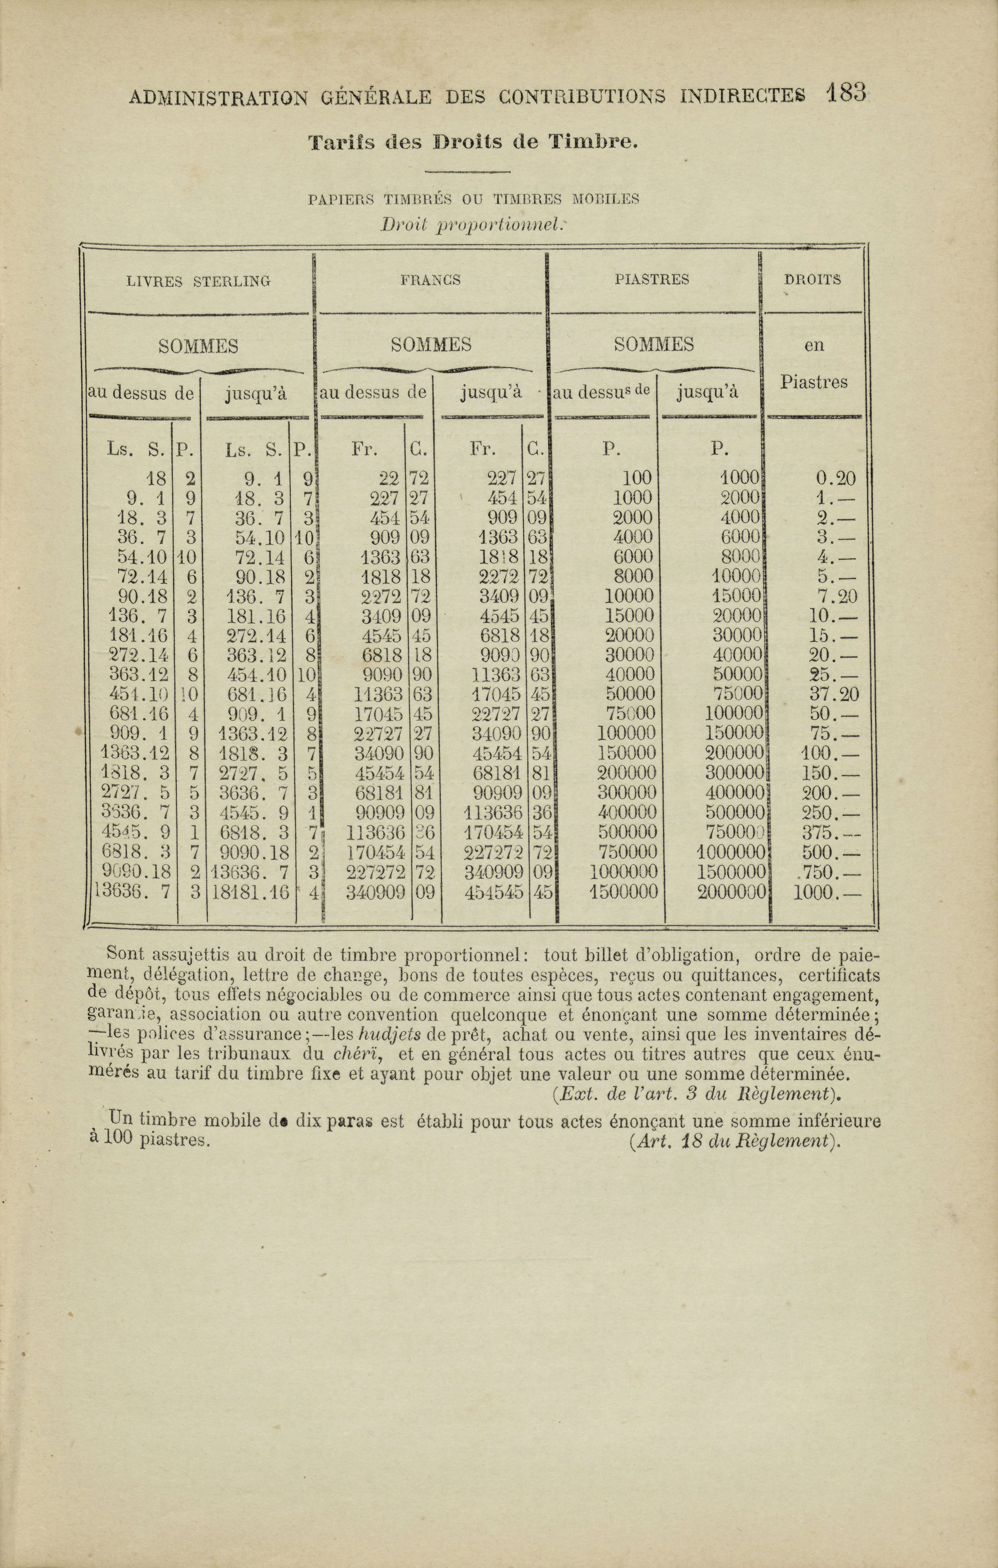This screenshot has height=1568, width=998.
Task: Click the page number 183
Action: point(846,93)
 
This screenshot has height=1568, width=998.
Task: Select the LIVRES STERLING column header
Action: point(198,281)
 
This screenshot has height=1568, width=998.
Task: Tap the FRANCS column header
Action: point(431,280)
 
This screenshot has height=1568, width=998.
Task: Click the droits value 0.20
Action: point(836,479)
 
